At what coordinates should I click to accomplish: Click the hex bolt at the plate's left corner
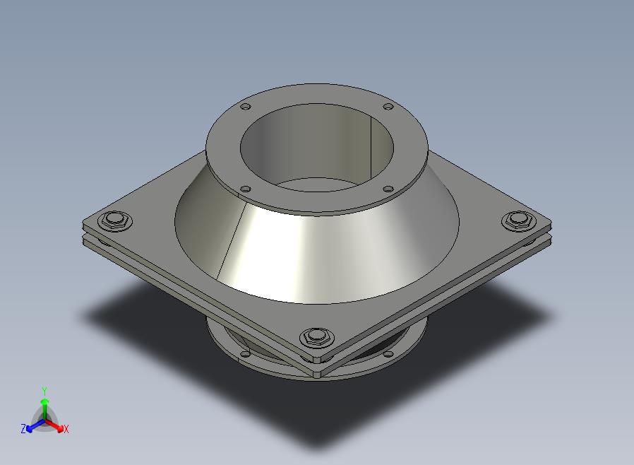tap(116, 221)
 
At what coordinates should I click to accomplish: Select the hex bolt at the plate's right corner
tap(518, 220)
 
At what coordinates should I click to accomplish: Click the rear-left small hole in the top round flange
tap(246, 107)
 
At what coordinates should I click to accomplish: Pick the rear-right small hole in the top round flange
tap(388, 107)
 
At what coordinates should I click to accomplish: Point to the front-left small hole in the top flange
tap(246, 189)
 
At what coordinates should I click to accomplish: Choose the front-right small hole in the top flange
tap(388, 189)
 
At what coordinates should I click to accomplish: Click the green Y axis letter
tap(44, 391)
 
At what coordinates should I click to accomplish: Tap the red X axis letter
tap(66, 429)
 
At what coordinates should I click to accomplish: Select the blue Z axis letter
tap(23, 428)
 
